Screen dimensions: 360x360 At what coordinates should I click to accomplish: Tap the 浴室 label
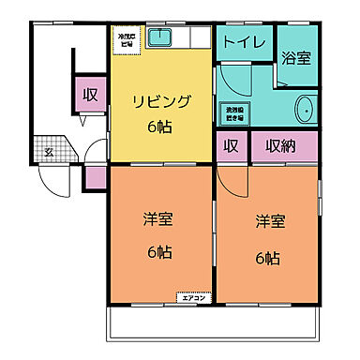pos(296,57)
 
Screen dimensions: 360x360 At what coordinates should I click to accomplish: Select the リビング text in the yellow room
pos(160,101)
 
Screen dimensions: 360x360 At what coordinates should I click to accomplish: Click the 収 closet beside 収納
pos(230,147)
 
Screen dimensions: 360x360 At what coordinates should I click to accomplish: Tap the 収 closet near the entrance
pos(90,95)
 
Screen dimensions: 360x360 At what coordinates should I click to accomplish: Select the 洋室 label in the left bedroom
pos(158,219)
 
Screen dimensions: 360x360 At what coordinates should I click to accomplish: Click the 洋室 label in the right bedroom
pos(268,223)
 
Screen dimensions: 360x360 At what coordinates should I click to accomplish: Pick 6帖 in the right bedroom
pos(268,256)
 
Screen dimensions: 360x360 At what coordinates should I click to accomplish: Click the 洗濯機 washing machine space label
pos(235,113)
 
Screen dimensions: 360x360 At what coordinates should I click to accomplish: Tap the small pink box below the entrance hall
pos(96,176)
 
